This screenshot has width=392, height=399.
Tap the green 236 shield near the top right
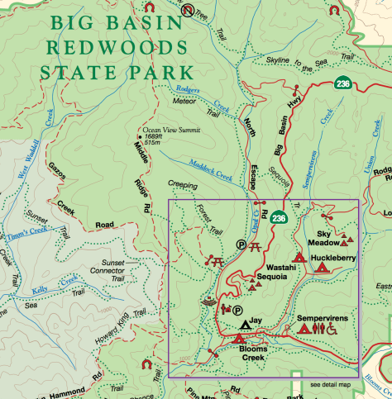tap(343, 84)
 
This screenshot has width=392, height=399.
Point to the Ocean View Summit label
tap(170, 130)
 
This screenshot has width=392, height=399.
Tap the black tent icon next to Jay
tap(246, 325)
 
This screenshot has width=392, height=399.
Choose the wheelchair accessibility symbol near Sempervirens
tap(332, 329)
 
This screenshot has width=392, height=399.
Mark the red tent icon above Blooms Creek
tap(240, 339)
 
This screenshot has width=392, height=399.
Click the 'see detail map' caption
tap(330, 385)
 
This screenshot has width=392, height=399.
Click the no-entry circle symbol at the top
tap(188, 11)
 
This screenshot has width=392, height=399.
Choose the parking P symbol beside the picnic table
tap(241, 245)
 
